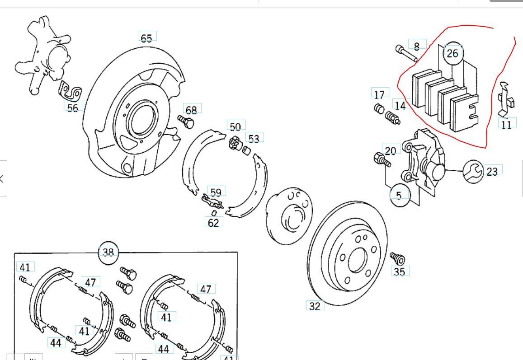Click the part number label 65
(x=146, y=38)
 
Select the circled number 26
(x=452, y=53)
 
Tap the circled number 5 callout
(x=399, y=196)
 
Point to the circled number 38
(x=108, y=252)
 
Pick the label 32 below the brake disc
(x=315, y=306)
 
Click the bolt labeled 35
(x=397, y=259)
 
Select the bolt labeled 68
(x=185, y=121)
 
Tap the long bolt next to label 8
(x=405, y=53)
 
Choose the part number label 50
(x=235, y=126)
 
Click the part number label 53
(x=254, y=138)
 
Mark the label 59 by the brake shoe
(x=216, y=192)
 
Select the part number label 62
(x=213, y=222)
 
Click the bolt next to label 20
(x=382, y=159)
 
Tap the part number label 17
(x=380, y=94)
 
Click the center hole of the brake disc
(x=357, y=260)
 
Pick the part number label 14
(x=400, y=106)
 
